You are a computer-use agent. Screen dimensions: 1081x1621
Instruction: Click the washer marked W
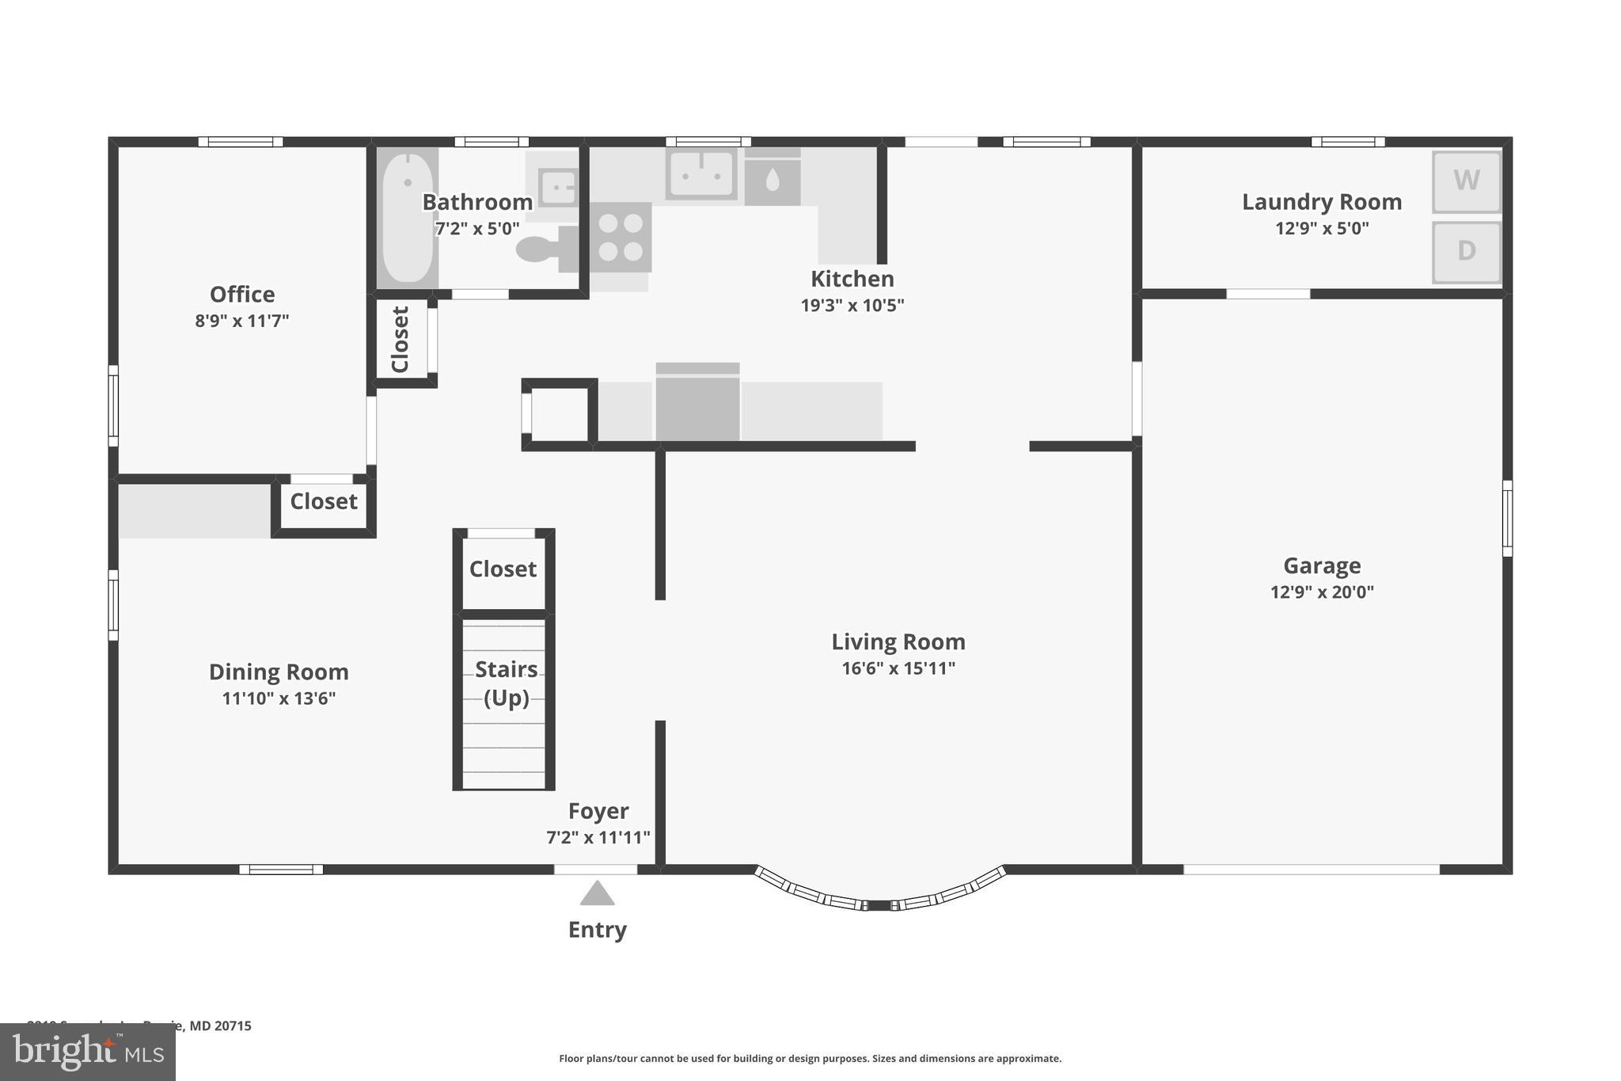coord(1466,181)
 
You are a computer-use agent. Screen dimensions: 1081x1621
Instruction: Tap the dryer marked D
coord(1466,251)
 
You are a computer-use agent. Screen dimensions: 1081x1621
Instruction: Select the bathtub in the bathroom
coord(407,217)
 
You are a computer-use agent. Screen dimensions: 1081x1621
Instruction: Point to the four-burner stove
coord(620,237)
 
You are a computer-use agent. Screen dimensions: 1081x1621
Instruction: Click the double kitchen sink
coord(700,173)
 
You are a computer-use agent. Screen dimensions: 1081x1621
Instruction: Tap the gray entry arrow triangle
coord(597,893)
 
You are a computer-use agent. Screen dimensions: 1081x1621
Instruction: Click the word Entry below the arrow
coord(597,930)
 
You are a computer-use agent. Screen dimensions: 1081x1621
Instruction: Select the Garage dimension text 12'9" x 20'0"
coord(1322,592)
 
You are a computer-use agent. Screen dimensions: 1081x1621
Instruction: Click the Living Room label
coord(898,641)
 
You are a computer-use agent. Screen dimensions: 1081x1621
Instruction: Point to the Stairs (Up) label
coord(506,683)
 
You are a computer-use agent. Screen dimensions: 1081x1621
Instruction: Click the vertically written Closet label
coord(401,340)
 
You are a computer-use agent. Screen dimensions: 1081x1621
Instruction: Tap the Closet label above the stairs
coord(503,569)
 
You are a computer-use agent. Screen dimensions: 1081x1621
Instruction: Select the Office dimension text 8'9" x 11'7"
coord(242,321)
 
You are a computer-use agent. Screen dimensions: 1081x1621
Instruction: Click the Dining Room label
coord(279,672)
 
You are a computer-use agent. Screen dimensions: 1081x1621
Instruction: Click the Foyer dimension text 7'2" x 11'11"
coord(598,837)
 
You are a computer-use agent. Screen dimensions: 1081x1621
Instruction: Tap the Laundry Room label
coord(1321,202)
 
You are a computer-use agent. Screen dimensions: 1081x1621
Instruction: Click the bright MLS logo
coord(87,1052)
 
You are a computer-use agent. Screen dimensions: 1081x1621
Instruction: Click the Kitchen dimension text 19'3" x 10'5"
coord(852,305)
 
